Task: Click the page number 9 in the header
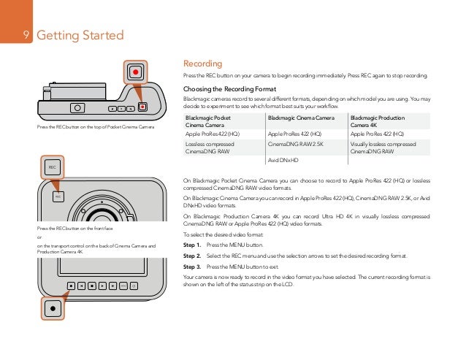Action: click(x=26, y=36)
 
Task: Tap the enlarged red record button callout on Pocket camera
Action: click(x=135, y=72)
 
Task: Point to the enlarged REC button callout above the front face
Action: click(x=52, y=167)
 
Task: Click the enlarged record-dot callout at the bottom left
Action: click(x=52, y=307)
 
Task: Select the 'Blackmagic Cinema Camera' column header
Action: click(x=301, y=118)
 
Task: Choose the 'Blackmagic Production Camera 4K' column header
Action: click(x=378, y=121)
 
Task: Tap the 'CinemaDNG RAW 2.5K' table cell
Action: click(x=296, y=145)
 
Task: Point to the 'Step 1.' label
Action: click(x=192, y=246)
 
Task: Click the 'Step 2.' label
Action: click(x=192, y=257)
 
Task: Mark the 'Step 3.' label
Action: click(x=192, y=268)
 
